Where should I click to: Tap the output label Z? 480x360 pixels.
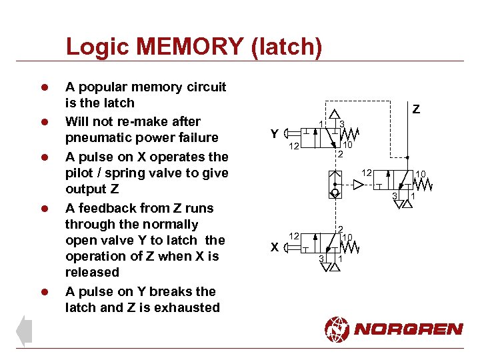(416, 109)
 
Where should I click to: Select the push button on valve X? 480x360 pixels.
(287, 247)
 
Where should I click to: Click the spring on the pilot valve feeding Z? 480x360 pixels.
(421, 185)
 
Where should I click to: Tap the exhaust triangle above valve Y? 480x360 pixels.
(335, 115)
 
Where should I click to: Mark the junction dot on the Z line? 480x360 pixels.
(407, 159)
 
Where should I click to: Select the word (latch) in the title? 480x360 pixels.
(289, 47)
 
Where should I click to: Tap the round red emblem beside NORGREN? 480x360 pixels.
(337, 329)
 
